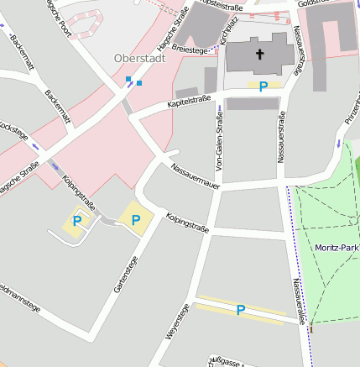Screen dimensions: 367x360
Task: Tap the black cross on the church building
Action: click(x=259, y=55)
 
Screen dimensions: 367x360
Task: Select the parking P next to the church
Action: click(x=263, y=86)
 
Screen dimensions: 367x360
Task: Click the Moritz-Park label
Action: click(x=337, y=247)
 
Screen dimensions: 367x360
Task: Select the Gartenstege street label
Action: click(x=126, y=275)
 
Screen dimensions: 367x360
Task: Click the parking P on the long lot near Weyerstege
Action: click(x=240, y=310)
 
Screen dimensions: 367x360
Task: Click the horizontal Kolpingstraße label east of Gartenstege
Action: click(x=187, y=222)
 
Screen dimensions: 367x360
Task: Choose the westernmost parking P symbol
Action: click(x=77, y=221)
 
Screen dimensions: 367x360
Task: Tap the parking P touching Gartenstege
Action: click(x=135, y=219)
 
